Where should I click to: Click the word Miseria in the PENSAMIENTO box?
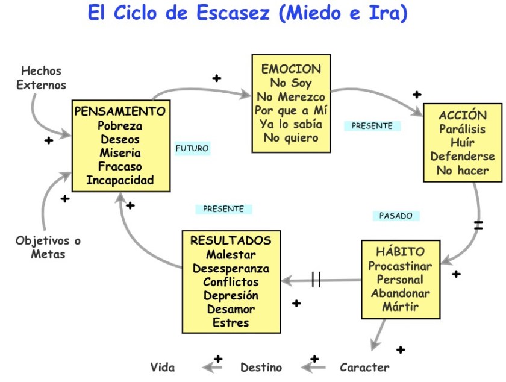click(x=120, y=153)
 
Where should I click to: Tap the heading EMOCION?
click(x=291, y=69)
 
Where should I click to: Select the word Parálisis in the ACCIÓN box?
click(x=462, y=130)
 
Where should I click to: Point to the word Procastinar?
click(x=401, y=266)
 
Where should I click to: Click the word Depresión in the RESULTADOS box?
click(x=231, y=296)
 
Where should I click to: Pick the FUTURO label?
click(x=193, y=148)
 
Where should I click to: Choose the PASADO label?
click(x=396, y=215)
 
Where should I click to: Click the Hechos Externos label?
click(x=41, y=78)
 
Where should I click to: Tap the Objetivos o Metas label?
click(x=48, y=247)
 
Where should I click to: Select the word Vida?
click(x=163, y=367)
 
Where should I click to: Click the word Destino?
click(x=261, y=367)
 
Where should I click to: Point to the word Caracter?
click(x=364, y=367)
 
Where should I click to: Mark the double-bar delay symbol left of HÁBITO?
click(x=316, y=280)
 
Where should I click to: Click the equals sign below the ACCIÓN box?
click(x=478, y=226)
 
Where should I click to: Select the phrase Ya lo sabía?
click(x=291, y=124)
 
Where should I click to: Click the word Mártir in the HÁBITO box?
click(x=401, y=307)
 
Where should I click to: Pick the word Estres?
click(x=231, y=323)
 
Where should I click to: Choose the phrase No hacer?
click(x=462, y=171)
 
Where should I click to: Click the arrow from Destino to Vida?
click(x=213, y=366)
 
